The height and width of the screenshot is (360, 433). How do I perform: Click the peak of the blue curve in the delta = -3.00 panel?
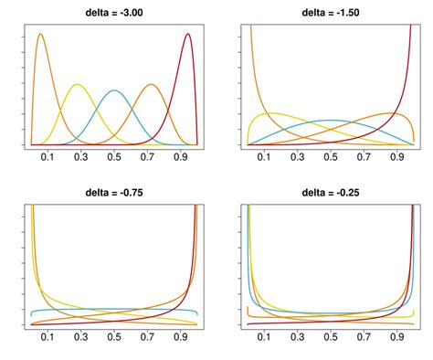click(x=114, y=90)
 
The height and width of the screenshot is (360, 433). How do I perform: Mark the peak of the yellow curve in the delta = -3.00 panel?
click(x=78, y=85)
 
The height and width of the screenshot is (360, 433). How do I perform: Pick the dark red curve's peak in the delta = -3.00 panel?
click(x=187, y=34)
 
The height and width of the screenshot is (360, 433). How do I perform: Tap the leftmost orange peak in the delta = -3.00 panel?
click(x=41, y=35)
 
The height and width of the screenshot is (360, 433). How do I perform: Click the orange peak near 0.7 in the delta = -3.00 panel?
click(x=151, y=85)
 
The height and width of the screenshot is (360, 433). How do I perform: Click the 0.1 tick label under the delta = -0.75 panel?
click(x=48, y=337)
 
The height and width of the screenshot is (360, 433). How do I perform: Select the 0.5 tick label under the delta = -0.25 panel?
click(x=332, y=337)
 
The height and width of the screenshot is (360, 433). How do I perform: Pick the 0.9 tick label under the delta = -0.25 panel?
click(x=397, y=337)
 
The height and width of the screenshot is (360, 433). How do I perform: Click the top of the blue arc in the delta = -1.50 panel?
click(x=332, y=121)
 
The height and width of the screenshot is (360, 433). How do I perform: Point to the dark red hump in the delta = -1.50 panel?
click(x=396, y=113)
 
